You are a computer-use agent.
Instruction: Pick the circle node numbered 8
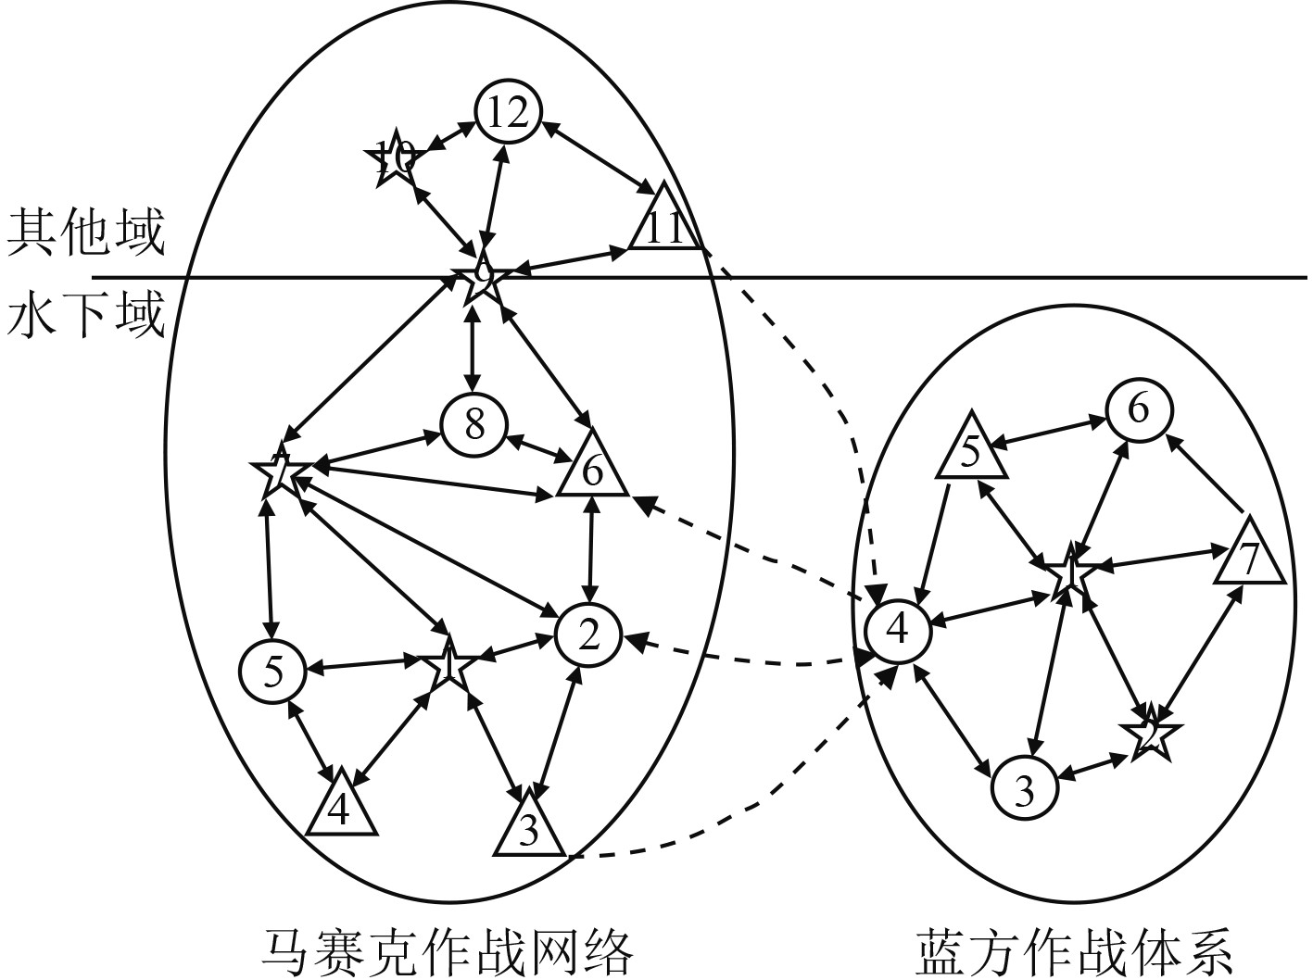[474, 425]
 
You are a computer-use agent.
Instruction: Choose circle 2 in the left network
[588, 634]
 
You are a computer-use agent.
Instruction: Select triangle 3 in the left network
[528, 828]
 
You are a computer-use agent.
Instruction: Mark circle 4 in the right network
[897, 630]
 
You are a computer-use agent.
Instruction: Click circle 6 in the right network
[1138, 408]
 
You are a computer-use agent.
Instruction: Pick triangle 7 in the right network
[1250, 557]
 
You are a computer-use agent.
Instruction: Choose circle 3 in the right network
[1024, 790]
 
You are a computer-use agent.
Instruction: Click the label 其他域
[85, 231]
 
